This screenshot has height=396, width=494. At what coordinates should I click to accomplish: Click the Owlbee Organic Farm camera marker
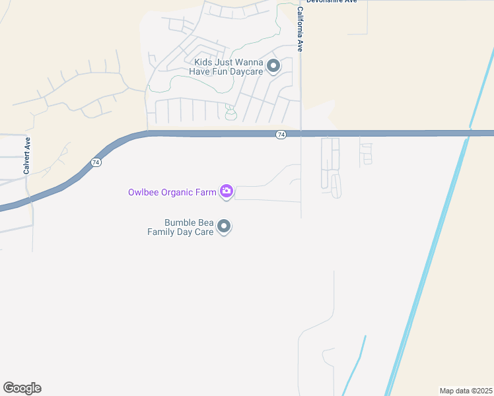coord(227,192)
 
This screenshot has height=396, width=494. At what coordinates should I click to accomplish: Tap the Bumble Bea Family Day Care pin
coord(224,226)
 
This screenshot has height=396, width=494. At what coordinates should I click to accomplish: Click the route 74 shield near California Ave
coord(281,135)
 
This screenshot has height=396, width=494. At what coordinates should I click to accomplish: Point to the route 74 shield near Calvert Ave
coord(96,162)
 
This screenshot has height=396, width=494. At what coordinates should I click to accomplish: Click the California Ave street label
coord(300,30)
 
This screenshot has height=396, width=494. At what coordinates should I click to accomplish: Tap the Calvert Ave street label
coord(27,156)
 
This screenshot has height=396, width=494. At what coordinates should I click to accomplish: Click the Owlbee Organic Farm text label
coord(172,193)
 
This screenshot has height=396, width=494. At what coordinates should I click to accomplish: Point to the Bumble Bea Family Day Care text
coord(181,228)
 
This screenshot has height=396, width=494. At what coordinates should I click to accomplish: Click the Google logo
coord(22,388)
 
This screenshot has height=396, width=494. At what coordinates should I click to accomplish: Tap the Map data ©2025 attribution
coord(465,390)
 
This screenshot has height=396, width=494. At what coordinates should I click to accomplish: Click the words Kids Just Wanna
coord(229,62)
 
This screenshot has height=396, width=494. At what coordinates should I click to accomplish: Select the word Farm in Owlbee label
coord(206,193)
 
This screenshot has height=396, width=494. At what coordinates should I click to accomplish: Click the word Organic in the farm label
coord(177,193)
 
